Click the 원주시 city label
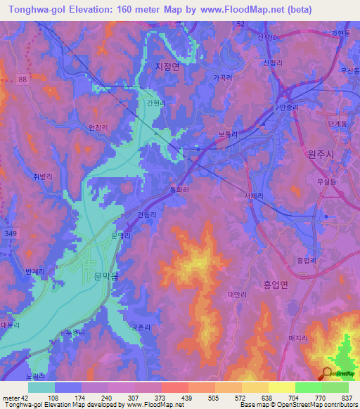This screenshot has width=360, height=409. click(319, 153)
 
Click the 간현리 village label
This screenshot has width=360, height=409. click(156, 103)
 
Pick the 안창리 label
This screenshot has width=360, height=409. click(98, 127)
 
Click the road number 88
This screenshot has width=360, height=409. click(23, 81)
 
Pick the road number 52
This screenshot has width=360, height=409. click(240, 23)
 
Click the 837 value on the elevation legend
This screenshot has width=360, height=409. click(346, 398)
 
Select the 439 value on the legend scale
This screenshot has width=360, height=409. click(186, 398)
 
